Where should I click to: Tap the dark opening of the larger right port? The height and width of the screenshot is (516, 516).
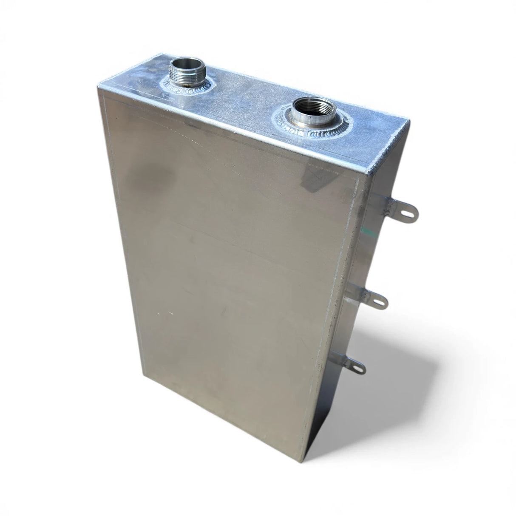pyautogui.click(x=310, y=106)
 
